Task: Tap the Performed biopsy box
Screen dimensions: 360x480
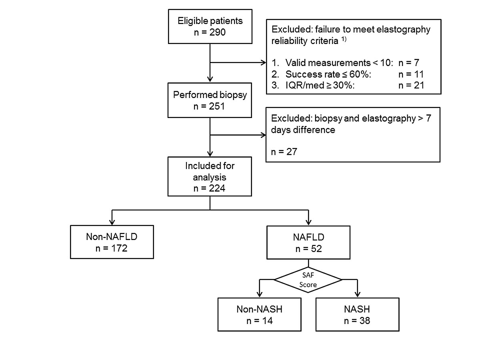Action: coord(210,101)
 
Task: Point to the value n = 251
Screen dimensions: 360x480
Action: coord(210,107)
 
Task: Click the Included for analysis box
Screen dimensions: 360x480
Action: coord(210,176)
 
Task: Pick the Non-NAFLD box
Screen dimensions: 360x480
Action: coord(112,242)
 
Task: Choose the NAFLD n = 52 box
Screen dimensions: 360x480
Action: coord(308,242)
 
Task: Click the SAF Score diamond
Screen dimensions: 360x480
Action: coord(308,280)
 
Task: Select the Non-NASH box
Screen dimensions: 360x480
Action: coord(260,314)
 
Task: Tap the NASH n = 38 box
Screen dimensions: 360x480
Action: coord(357,314)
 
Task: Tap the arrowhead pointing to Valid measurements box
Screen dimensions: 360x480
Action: coord(264,63)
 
